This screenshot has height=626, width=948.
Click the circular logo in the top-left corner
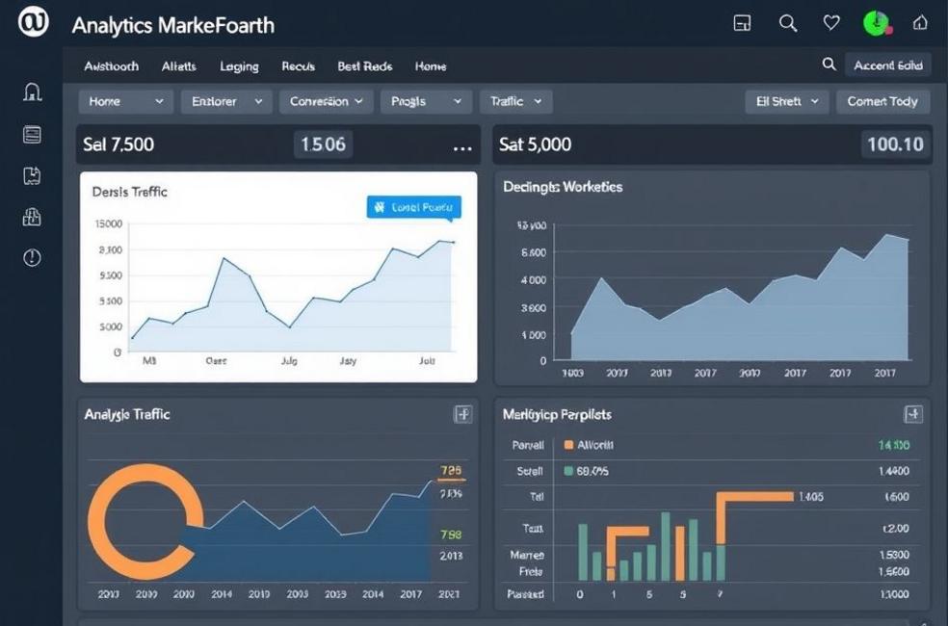pos(33,24)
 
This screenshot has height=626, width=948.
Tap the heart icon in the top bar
pos(831,23)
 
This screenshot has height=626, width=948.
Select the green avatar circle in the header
pos(876,23)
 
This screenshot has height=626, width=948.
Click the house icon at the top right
pos(920,23)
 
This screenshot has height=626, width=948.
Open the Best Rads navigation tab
pos(364,66)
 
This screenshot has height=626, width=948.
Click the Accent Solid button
pos(887,65)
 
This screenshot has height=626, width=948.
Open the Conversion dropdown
pos(326,101)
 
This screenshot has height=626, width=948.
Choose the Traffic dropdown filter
pos(514,101)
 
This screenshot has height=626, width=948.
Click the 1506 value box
pos(323,144)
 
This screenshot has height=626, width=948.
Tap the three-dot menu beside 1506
pos(462,147)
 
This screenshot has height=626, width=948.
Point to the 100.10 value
pos(895,144)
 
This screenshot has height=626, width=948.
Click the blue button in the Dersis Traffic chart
pos(414,206)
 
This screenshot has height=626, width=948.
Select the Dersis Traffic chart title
pos(129,192)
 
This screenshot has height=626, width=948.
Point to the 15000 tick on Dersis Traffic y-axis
pos(109,223)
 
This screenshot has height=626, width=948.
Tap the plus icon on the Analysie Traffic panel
pos(462,414)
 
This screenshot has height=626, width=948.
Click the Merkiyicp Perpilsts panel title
pos(557,414)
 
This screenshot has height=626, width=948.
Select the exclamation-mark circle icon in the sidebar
pos(32,257)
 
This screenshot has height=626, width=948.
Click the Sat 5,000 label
pos(535,144)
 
